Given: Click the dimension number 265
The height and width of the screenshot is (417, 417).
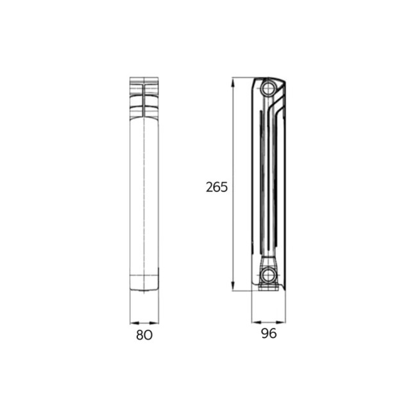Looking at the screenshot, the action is [217, 187].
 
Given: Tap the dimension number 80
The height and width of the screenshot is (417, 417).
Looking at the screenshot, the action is [144, 335].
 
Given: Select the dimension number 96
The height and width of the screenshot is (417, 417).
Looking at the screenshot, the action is [269, 334].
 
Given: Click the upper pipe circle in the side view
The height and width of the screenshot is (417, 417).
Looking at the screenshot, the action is [268, 88].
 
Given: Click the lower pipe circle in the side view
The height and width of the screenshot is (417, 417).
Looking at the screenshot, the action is [268, 275].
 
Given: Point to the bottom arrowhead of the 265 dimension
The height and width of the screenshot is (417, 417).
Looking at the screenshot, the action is [233, 286].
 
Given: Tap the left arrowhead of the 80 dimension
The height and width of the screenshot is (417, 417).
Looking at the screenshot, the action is [135, 323].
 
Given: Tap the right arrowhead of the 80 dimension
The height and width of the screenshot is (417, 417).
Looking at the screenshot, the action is [154, 323].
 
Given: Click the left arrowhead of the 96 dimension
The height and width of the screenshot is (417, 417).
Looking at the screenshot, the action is [257, 322].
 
